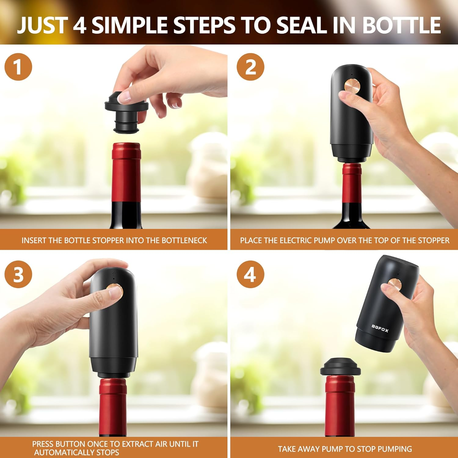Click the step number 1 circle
[x=18, y=67]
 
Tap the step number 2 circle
[x=250, y=67]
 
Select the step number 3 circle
[x=18, y=274]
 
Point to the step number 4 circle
[x=250, y=274]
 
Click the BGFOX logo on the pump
[x=380, y=328]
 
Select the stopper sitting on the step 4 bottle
[x=340, y=368]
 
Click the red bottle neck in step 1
[x=126, y=173]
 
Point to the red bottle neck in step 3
[x=113, y=406]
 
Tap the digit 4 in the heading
[x=79, y=25]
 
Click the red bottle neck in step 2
[x=352, y=183]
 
